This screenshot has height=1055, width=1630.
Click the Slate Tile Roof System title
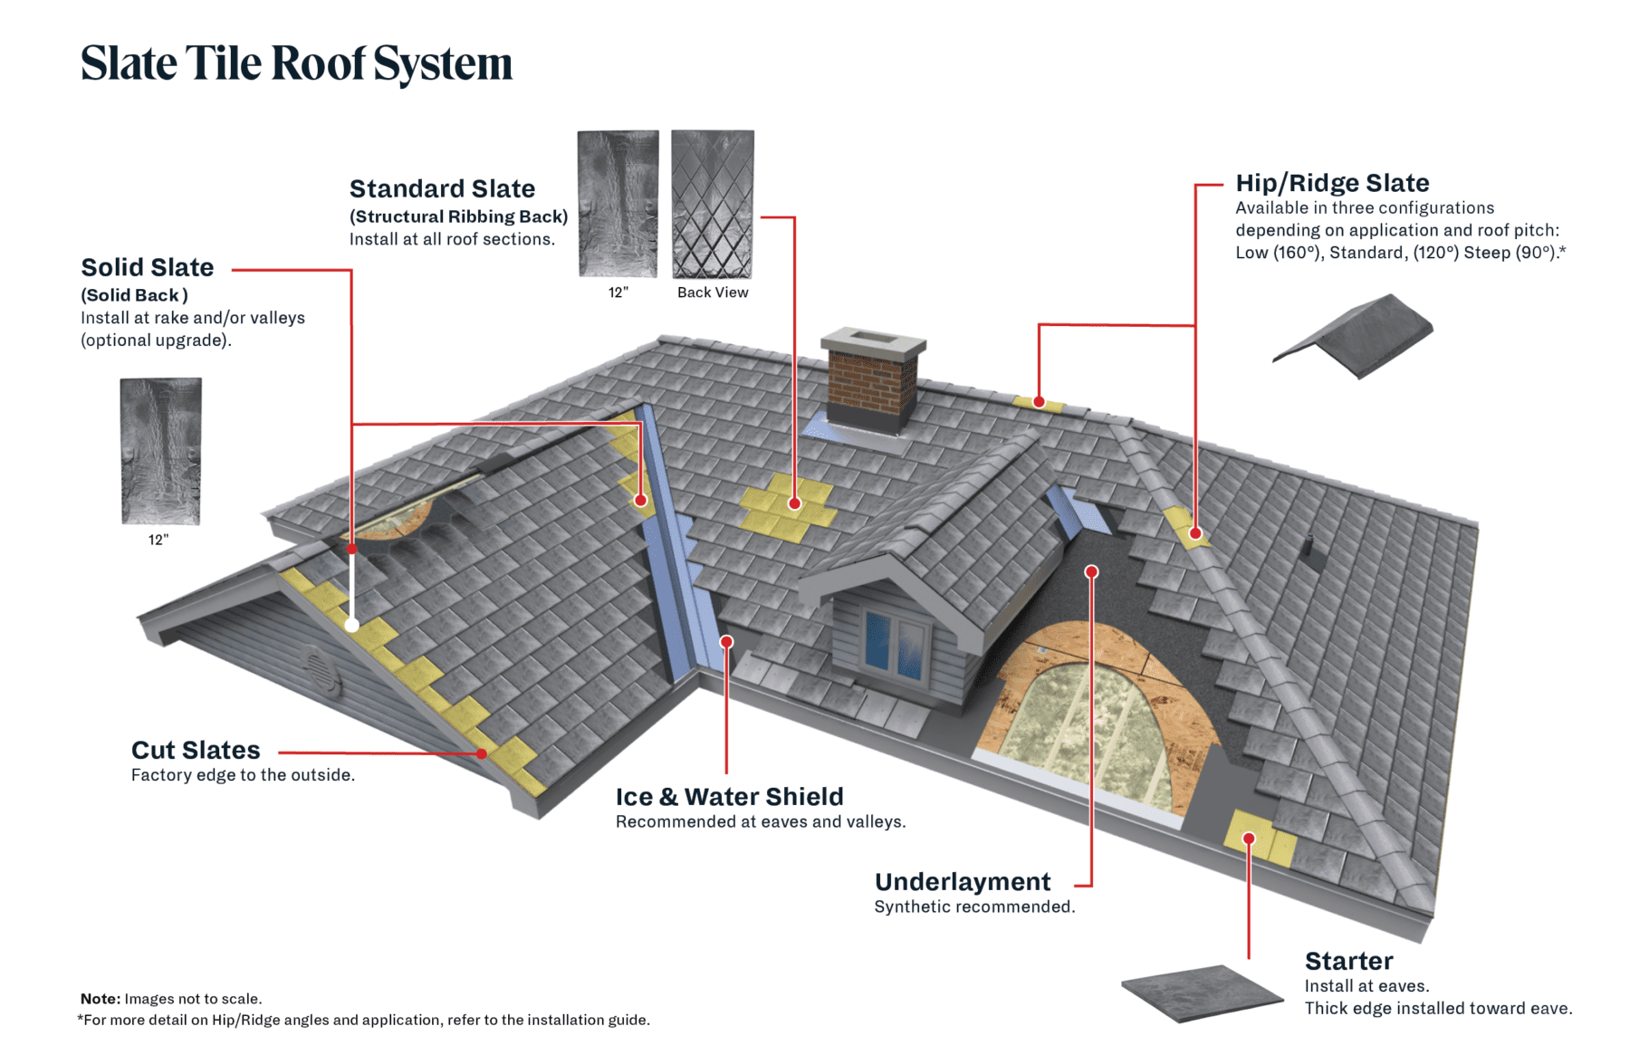[x=296, y=63]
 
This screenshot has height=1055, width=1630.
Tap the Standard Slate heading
[x=442, y=188]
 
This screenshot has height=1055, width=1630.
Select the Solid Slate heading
[x=148, y=267]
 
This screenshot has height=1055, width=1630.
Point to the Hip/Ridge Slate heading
[x=1332, y=183]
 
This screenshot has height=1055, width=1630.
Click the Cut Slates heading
[x=196, y=750]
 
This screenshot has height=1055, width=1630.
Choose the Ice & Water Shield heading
[x=729, y=796]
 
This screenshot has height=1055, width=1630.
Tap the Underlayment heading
[x=963, y=881]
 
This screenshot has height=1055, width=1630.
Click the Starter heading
[x=1348, y=961]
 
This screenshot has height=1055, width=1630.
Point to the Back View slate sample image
[x=713, y=204]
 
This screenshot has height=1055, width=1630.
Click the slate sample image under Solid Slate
[x=160, y=450]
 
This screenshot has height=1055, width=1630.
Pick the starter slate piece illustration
[x=1202, y=992]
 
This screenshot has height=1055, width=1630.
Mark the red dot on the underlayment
[x=1091, y=571]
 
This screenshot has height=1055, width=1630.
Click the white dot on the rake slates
[x=351, y=625]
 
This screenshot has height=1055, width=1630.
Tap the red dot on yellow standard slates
[x=794, y=504]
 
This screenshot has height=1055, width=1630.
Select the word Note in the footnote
[x=100, y=999]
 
